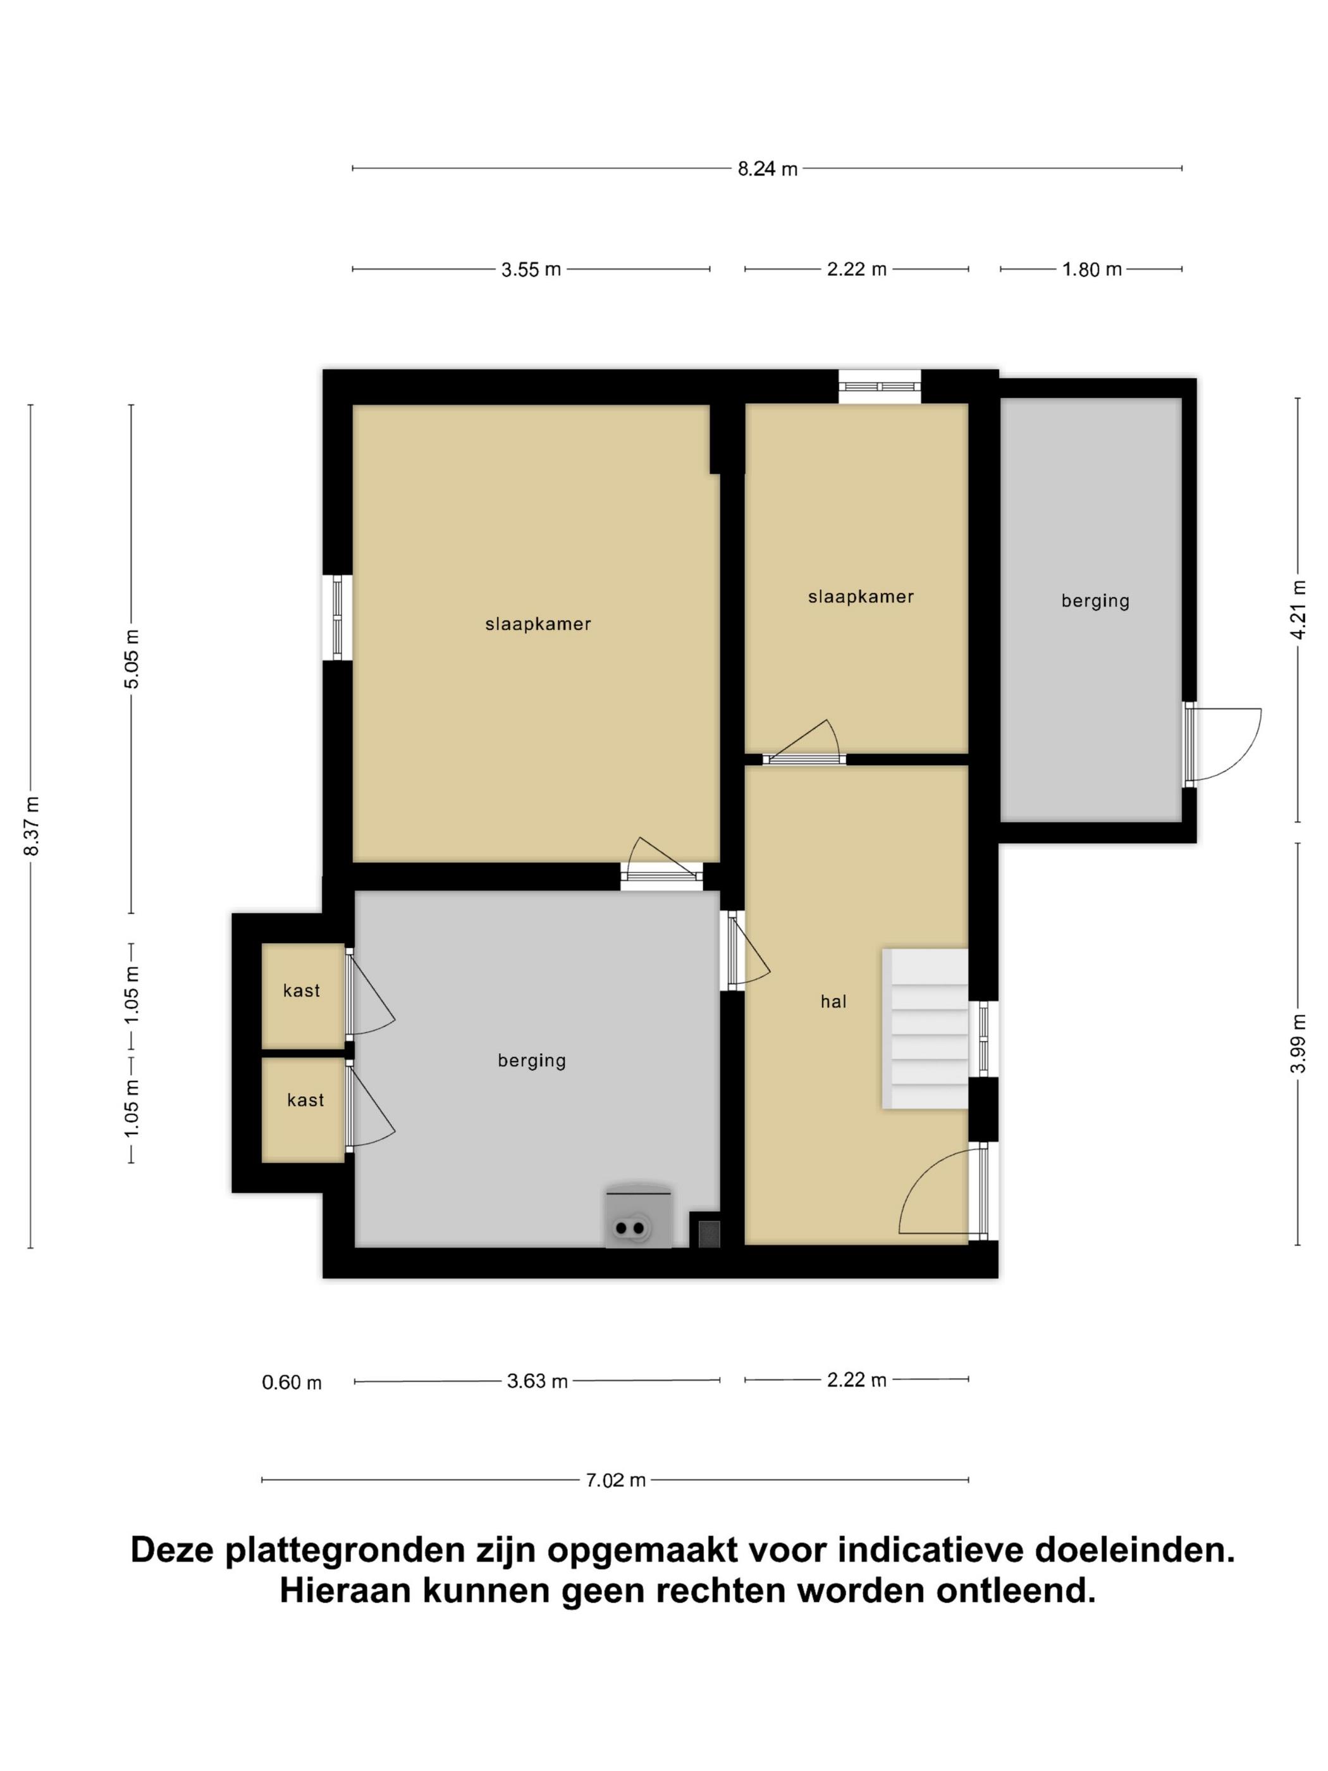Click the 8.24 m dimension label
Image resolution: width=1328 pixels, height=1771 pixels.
767,169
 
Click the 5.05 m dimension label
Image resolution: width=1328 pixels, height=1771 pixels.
132,659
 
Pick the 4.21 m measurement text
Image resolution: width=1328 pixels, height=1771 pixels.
1298,610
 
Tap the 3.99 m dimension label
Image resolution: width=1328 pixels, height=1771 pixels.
1298,1043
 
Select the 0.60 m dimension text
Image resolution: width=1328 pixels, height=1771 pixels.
292,1383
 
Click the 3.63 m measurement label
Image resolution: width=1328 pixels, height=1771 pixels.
537,1381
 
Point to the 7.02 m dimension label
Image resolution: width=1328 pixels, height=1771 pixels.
615,1481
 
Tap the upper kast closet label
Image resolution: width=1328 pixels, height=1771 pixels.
302,990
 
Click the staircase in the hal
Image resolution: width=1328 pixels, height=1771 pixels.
925,1029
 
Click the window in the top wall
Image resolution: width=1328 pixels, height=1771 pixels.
880,386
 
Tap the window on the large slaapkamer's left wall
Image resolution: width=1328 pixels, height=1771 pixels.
337,617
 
